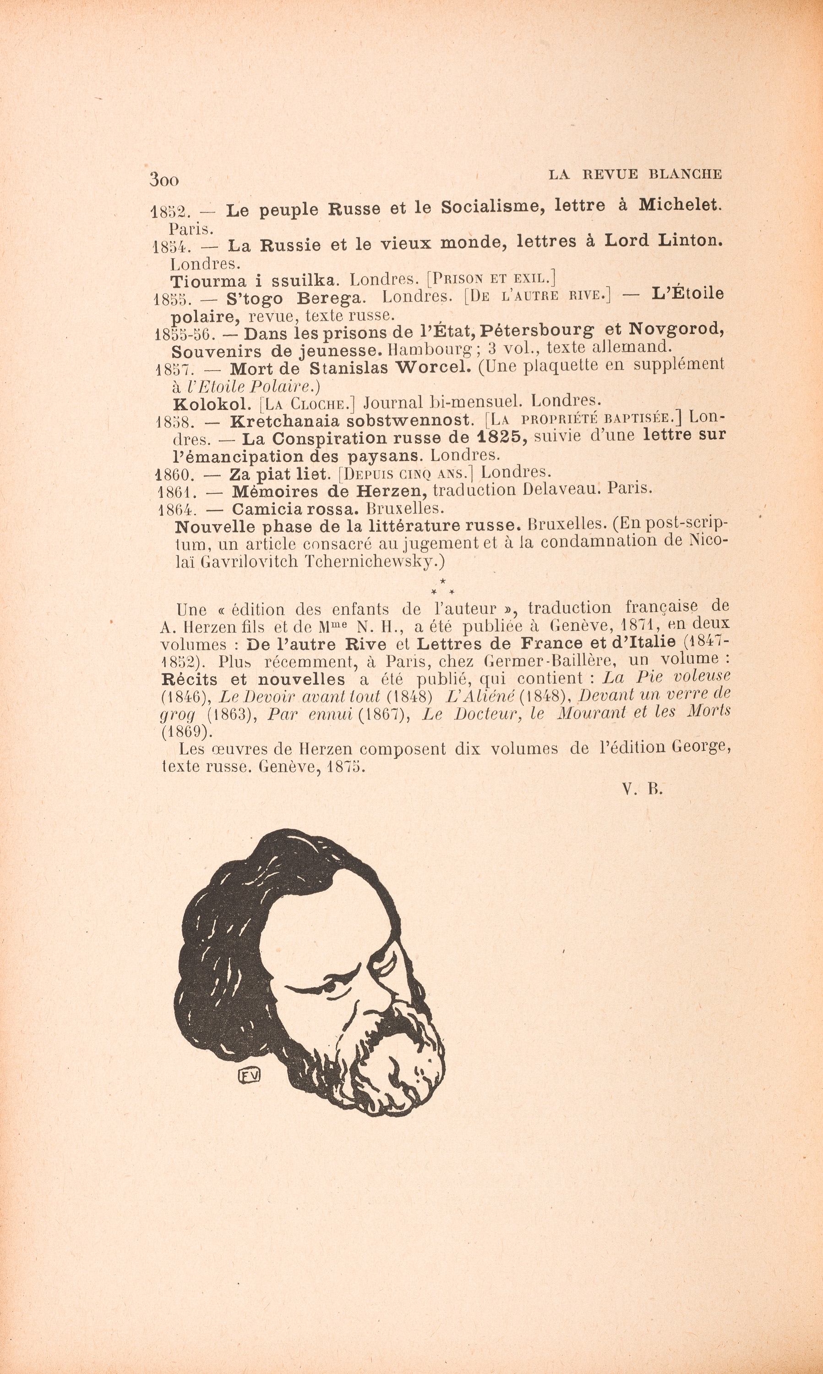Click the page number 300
point(164,180)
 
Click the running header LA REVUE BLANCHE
point(635,174)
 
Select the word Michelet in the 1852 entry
point(681,205)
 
